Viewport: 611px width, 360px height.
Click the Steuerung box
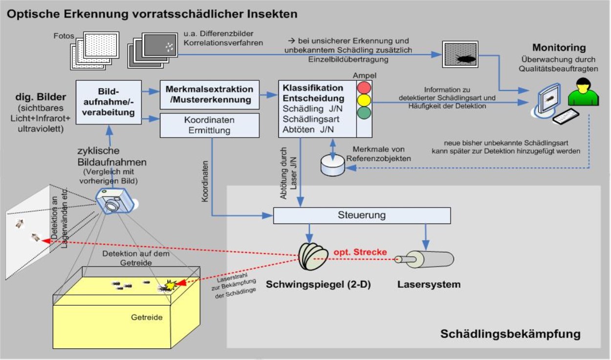362,215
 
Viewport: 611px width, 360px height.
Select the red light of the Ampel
364,88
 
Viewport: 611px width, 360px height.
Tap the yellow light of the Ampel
364,100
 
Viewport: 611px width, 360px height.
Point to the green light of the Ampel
364,112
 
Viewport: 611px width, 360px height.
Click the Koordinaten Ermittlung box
210,126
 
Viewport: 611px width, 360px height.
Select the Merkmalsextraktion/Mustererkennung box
210,95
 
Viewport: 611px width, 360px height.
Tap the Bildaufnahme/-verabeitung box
109,102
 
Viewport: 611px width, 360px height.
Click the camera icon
115,201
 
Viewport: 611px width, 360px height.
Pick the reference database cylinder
332,166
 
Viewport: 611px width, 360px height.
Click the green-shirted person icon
583,92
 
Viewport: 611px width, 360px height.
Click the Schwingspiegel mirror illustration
313,256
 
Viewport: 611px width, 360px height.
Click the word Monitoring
559,48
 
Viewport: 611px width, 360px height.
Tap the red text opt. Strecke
360,252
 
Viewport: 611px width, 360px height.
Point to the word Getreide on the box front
147,317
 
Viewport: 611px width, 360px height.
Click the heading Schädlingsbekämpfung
510,334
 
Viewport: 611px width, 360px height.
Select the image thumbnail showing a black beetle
460,54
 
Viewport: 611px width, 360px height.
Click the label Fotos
64,36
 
